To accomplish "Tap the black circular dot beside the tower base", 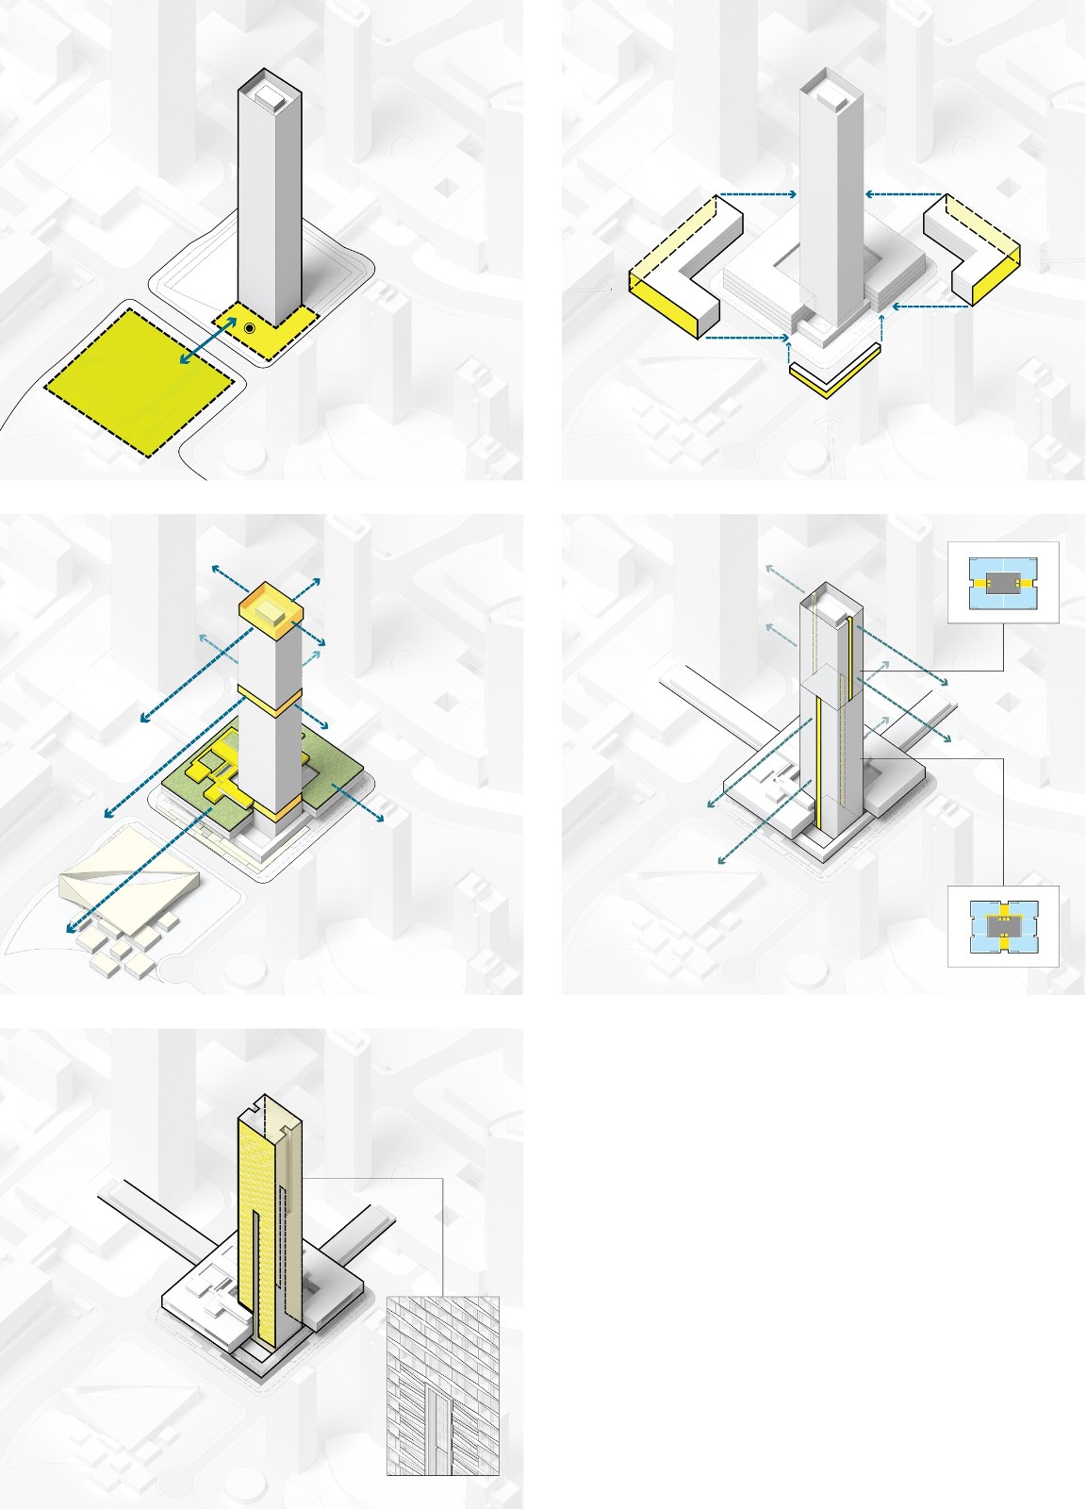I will coord(249,328).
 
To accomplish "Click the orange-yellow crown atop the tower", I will coord(271,606).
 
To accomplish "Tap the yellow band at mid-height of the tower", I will coord(270,700).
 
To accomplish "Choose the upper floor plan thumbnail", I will coord(1003,582).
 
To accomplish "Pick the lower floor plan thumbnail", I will coord(1003,925).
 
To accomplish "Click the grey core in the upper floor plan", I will coord(1003,582).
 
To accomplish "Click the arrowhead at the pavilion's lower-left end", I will coord(71,929).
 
